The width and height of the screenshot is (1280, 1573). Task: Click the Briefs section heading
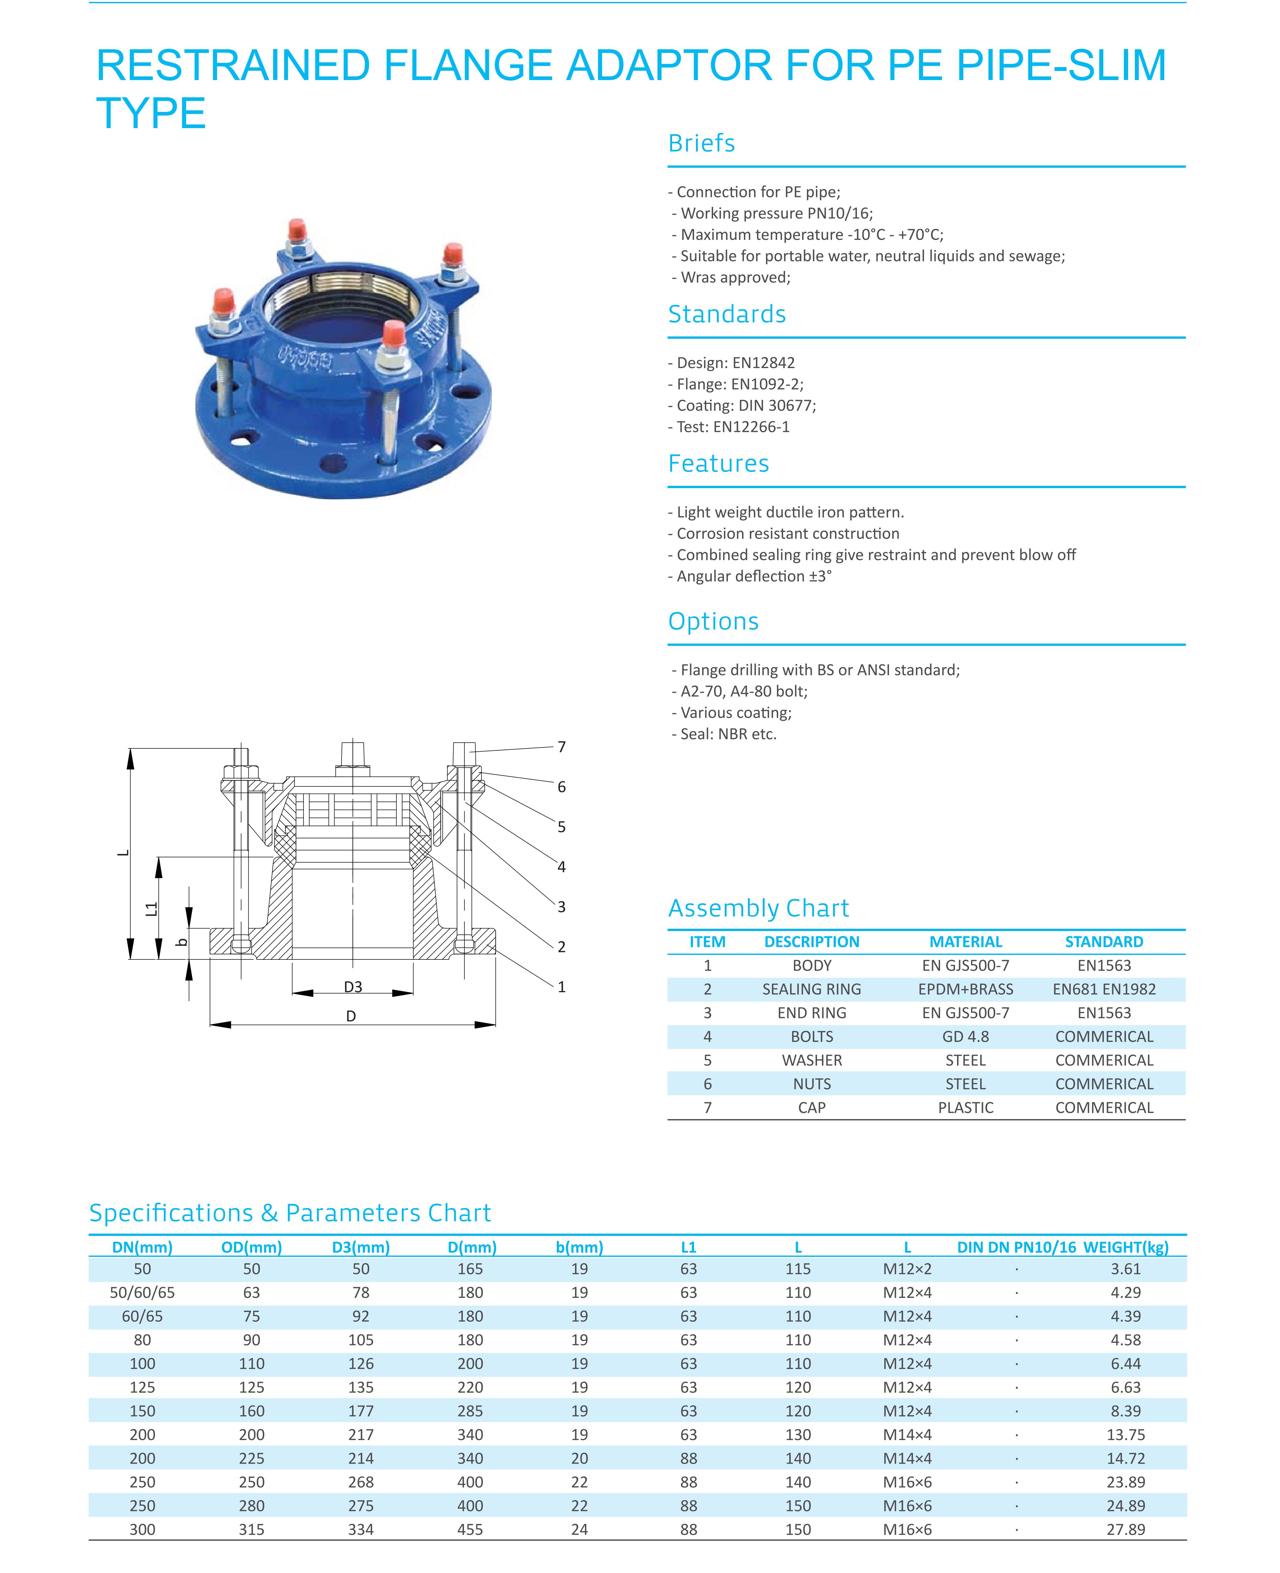click(x=701, y=143)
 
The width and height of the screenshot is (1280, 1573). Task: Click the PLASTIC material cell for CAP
click(x=965, y=1108)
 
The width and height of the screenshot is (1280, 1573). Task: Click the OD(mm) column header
click(x=252, y=1247)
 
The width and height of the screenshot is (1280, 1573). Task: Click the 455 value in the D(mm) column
click(x=471, y=1529)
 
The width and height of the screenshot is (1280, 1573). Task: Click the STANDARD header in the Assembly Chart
click(x=1104, y=942)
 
